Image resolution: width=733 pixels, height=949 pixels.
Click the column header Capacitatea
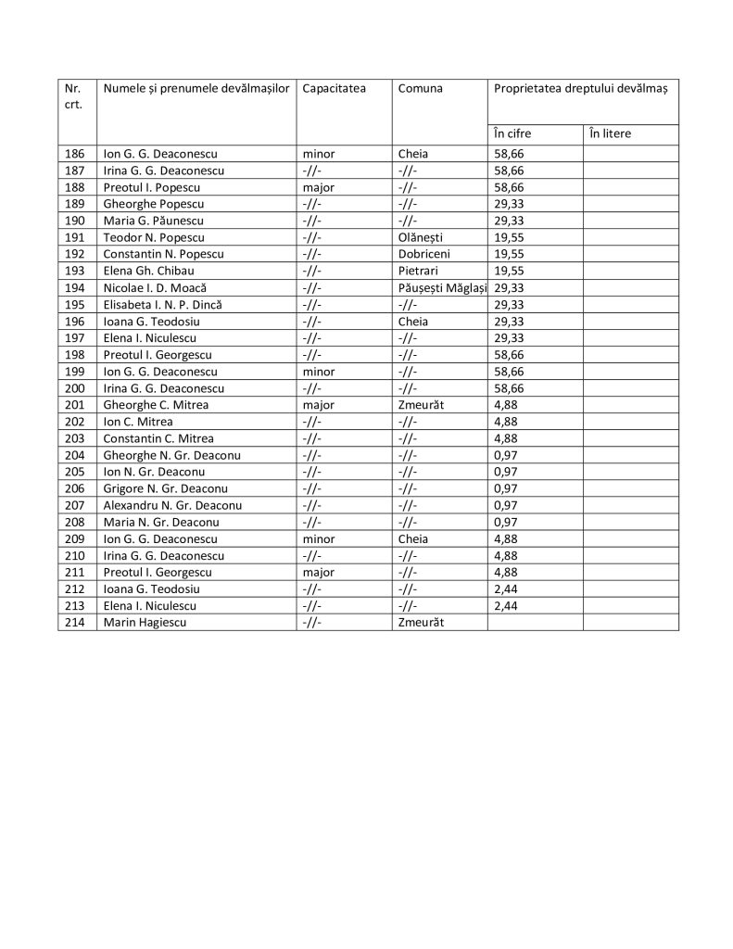pyautogui.click(x=334, y=88)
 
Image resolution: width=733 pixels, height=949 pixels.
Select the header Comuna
pyautogui.click(x=420, y=88)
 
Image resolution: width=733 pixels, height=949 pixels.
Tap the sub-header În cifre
pyautogui.click(x=512, y=133)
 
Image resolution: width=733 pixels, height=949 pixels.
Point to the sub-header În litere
pyautogui.click(x=610, y=133)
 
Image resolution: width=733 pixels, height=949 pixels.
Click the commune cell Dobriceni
pyautogui.click(x=423, y=254)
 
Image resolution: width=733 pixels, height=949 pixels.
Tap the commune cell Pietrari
pyautogui.click(x=418, y=271)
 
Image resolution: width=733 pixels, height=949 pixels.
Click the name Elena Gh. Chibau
pyautogui.click(x=149, y=271)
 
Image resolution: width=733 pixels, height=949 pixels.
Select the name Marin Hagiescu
pyautogui.click(x=145, y=623)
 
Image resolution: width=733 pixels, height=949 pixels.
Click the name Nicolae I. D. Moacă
pyautogui.click(x=155, y=287)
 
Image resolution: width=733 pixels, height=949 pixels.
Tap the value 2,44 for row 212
pyautogui.click(x=507, y=589)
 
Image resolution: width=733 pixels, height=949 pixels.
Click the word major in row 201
pyautogui.click(x=318, y=404)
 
